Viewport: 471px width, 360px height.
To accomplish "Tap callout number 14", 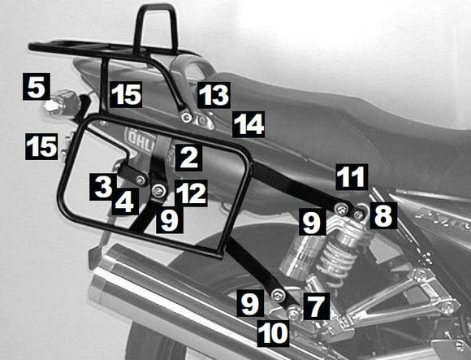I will point(248,124).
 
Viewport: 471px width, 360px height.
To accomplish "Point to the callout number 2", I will point(188,157).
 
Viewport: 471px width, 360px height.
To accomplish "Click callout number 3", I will point(102,187).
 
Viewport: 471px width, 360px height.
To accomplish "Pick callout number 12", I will point(191,193).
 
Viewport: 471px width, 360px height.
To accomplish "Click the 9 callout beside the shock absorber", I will point(311,220).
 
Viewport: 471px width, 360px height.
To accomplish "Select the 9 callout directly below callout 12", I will point(170,219).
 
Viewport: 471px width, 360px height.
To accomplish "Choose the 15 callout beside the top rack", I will point(127,95).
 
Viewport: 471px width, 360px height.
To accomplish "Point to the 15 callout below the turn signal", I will point(41,146).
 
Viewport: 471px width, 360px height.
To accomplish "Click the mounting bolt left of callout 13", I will point(187,119).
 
